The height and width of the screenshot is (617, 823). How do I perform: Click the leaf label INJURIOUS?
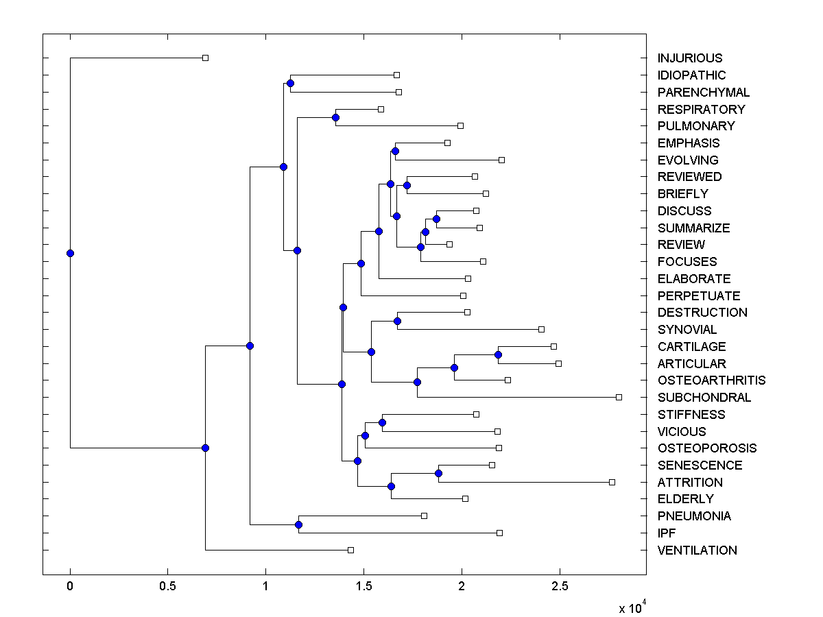689,58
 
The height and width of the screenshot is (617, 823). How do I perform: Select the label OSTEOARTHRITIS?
711,380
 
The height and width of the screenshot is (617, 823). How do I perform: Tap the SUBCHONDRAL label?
704,398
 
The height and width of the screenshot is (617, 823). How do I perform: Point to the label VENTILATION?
697,550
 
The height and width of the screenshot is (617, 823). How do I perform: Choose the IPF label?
667,533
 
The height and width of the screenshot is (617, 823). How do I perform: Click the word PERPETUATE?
699,296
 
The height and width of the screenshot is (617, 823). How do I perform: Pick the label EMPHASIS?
689,143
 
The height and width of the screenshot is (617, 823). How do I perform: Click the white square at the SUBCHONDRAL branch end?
619,397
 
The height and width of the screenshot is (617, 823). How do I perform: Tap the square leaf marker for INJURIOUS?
205,58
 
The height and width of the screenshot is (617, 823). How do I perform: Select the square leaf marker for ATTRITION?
612,482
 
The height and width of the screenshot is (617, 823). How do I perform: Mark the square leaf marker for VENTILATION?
350,550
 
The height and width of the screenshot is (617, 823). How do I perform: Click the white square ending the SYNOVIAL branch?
541,329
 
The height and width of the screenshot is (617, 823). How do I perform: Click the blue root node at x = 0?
70,253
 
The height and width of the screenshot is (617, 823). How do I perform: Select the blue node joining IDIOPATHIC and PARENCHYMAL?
290,83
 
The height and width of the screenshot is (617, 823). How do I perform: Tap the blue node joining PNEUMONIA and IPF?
298,524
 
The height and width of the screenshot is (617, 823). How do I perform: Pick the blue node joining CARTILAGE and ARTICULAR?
498,354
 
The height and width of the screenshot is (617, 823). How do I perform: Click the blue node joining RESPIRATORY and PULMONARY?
335,117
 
